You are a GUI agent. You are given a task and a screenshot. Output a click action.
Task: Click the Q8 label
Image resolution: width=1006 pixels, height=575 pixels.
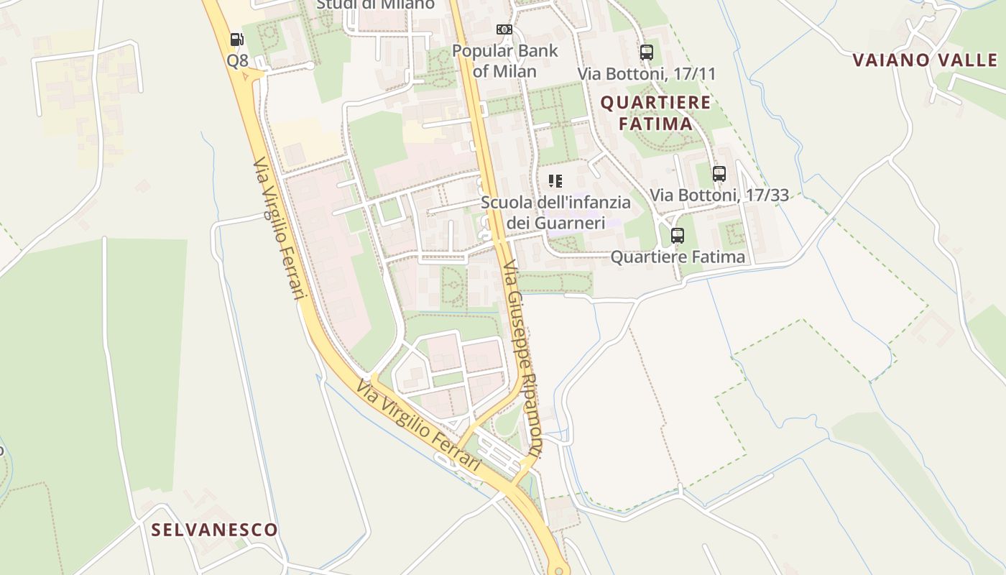(x=237, y=60)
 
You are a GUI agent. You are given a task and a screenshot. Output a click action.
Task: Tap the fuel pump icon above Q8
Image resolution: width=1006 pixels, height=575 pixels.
(x=236, y=39)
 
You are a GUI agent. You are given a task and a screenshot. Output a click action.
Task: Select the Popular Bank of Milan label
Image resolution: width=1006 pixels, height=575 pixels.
(x=504, y=61)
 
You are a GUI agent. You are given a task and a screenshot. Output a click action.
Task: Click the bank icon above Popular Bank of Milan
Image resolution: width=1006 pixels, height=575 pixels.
(x=504, y=29)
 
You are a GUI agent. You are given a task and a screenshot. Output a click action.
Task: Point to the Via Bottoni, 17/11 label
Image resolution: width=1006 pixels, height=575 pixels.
(x=647, y=73)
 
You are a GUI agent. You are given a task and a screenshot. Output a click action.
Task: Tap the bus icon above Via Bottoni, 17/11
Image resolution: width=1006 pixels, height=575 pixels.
(x=647, y=52)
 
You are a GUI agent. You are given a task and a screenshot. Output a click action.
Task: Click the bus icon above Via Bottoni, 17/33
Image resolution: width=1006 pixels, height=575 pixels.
(x=719, y=173)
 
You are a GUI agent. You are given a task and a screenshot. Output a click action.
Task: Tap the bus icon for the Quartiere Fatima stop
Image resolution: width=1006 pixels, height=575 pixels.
(x=677, y=235)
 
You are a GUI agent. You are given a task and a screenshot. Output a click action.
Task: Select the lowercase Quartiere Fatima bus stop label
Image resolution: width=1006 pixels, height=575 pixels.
(x=678, y=257)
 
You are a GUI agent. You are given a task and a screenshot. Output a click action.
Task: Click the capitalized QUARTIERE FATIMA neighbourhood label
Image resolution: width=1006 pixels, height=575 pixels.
(x=655, y=113)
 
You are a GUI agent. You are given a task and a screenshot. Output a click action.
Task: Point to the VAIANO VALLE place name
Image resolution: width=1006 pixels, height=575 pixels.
(x=926, y=60)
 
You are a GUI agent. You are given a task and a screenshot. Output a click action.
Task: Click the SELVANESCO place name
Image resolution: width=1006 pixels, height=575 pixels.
(x=214, y=530)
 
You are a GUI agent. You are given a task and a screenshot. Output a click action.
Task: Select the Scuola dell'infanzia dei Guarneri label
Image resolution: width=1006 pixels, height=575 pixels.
(x=555, y=213)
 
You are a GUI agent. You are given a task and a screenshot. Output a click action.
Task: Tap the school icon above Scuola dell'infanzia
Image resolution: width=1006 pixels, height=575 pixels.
(x=555, y=180)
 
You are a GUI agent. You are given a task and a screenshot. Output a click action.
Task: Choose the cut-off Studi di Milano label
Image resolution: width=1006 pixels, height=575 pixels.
(x=376, y=5)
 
